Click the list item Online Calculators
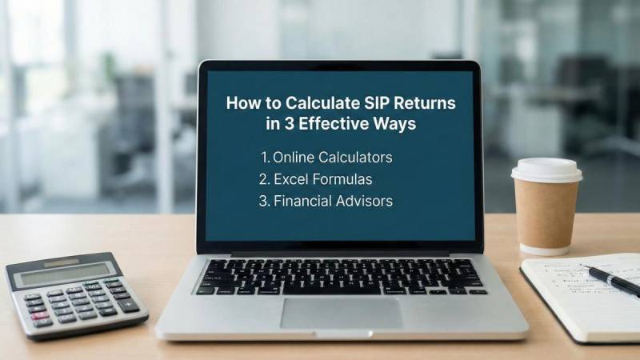(x=326, y=158)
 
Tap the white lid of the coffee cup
(x=546, y=170)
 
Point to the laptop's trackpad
(x=341, y=313)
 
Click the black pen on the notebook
(x=612, y=280)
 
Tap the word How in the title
(x=242, y=103)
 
